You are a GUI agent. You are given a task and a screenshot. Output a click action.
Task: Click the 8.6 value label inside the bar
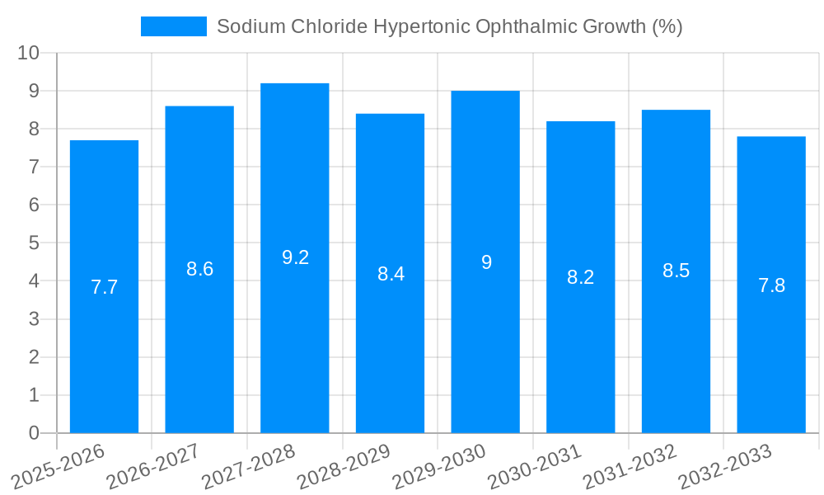tap(199, 269)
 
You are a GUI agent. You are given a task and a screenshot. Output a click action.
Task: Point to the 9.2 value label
tap(295, 257)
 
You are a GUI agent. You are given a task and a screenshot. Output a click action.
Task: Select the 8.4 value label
tap(391, 274)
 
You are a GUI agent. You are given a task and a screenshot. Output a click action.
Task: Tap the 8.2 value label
tap(581, 277)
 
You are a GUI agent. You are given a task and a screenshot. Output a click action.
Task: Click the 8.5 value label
tap(676, 271)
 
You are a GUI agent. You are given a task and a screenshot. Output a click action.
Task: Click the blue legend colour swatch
tap(174, 26)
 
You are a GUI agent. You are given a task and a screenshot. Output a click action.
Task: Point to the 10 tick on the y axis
tap(29, 53)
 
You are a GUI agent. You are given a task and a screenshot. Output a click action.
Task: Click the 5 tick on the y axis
tap(34, 243)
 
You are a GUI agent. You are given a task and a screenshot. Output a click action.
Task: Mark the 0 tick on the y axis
tap(34, 433)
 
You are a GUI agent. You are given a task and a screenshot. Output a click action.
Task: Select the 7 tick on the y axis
tap(34, 167)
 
